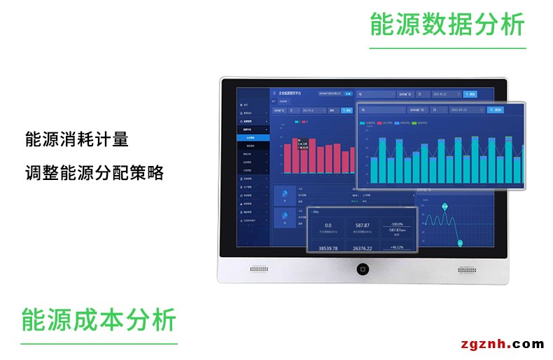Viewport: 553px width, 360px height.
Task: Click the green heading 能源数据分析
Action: pos(447,26)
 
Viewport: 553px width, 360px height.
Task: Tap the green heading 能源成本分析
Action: pos(99,319)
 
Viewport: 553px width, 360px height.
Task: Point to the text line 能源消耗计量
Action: pos(77,139)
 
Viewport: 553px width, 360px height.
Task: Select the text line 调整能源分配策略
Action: pos(94,172)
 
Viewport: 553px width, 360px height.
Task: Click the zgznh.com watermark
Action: pos(503,344)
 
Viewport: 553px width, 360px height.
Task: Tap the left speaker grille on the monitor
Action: pos(260,268)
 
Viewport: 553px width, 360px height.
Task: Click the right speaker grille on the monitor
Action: pos(467,268)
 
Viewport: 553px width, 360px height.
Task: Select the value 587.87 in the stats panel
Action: pos(362,226)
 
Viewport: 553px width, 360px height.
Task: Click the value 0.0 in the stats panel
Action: pos(328,226)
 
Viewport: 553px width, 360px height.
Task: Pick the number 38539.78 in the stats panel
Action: pos(328,248)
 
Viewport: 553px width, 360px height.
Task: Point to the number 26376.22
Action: pos(362,248)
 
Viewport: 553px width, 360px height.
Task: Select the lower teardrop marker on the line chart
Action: pos(460,242)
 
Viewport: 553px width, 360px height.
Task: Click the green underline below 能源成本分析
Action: pos(99,343)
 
